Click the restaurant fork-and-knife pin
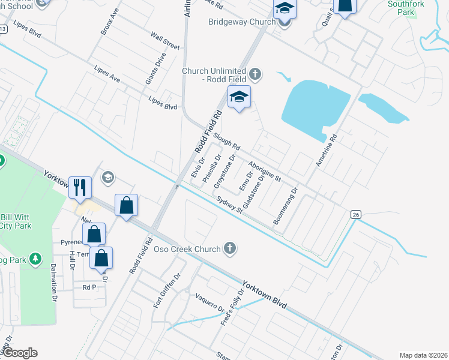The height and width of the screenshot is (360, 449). coord(80,187)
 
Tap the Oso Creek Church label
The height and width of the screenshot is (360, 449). coord(188,248)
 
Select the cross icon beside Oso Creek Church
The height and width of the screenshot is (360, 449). coord(229,248)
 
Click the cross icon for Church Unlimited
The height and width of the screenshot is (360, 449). coord(255,74)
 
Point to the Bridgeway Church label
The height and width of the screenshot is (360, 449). coord(241,22)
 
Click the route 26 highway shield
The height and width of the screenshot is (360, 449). coord(355,214)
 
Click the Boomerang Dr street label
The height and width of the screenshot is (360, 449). coord(285,207)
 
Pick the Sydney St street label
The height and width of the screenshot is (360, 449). coord(229,204)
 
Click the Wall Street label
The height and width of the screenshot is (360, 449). coord(165,42)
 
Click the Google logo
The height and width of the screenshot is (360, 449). coord(19,353)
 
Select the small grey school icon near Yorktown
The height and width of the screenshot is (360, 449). coord(109,176)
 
